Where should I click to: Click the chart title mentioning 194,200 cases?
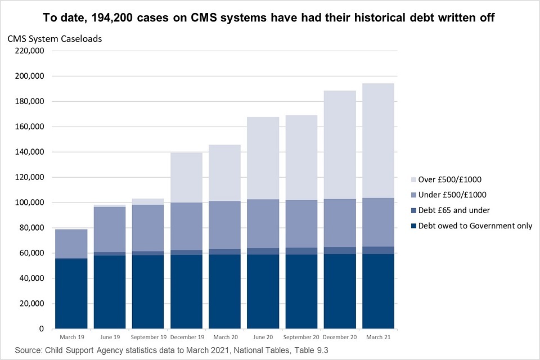click(x=269, y=17)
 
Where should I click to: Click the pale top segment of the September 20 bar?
click(x=301, y=157)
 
